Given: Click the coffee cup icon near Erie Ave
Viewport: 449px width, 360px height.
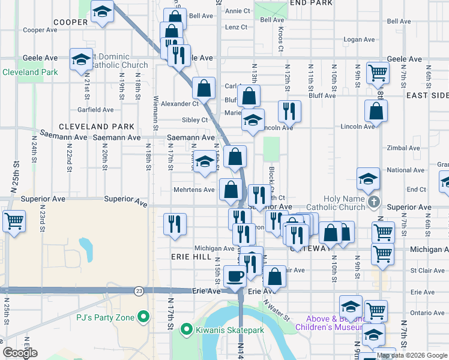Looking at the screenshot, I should tap(235, 275).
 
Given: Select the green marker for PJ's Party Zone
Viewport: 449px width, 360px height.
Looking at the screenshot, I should tap(143, 316).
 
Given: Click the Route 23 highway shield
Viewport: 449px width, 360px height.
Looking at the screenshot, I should tap(139, 291).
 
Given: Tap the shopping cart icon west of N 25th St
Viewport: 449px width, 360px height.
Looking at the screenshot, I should tap(14, 220).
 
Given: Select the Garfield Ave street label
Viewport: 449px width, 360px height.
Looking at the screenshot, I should tap(95, 110).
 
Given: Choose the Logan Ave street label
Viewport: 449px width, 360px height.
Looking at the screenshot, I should tap(360, 40).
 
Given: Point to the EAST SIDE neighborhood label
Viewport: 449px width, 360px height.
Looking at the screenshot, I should tap(427, 95).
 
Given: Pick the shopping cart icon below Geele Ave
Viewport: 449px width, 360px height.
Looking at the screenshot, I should tap(378, 73).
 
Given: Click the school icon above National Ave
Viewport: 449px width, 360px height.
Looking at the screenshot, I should tap(368, 178).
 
